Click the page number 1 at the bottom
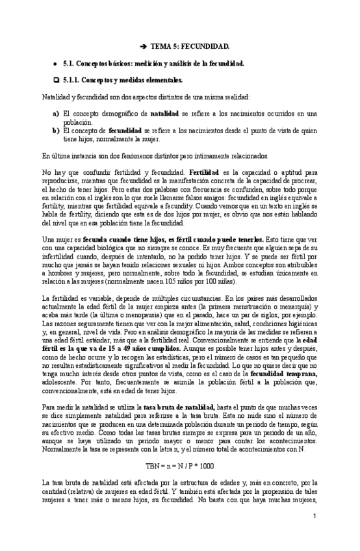[313, 516]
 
